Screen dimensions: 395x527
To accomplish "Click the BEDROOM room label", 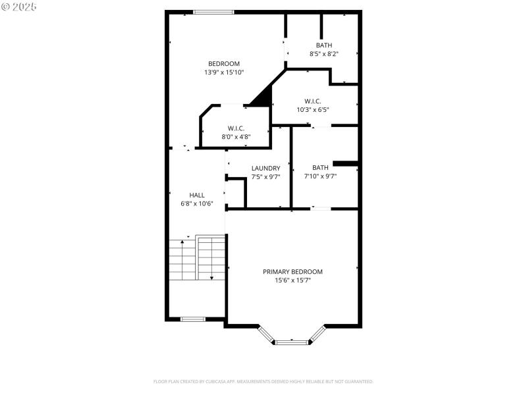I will point(224,64).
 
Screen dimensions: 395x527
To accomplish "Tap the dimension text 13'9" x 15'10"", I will point(224,72).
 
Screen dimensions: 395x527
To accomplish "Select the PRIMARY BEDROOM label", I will point(292,271).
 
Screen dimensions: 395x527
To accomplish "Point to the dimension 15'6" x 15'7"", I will point(292,280).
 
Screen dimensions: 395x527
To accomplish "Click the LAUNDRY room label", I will point(265,169).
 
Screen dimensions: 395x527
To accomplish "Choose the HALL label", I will point(196,195).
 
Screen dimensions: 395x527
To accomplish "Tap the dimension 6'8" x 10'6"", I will point(196,203).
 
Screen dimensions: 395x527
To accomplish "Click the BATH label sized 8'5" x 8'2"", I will point(323,45).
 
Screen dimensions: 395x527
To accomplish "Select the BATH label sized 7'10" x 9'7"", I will point(320,167).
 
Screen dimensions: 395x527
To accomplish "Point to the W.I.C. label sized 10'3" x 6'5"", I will point(312,101).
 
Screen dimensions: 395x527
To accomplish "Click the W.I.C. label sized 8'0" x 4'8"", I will point(236,128).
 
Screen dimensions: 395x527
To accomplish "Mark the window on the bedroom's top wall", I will point(213,11).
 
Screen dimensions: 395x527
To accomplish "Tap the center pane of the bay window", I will point(292,342).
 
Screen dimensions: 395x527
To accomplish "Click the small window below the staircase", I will point(193,319).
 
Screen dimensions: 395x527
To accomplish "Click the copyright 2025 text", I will point(19,7).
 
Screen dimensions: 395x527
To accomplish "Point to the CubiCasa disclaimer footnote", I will point(263,381).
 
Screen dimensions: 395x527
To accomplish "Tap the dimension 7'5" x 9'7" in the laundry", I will point(265,176).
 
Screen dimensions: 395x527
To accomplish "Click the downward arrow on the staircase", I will point(211,277).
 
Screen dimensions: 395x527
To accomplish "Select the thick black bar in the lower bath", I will point(345,163).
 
